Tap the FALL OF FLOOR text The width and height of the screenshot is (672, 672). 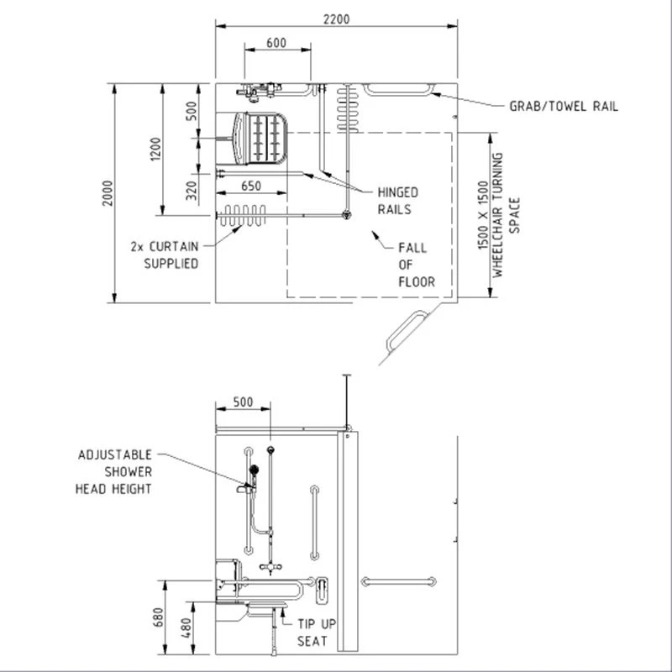point(416,265)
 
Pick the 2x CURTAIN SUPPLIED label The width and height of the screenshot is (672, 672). point(165,255)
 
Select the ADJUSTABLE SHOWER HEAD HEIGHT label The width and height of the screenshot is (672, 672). point(115,471)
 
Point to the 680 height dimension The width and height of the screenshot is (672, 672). point(157,619)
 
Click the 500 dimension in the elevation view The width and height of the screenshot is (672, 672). point(243,402)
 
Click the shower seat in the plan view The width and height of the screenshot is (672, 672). point(262,137)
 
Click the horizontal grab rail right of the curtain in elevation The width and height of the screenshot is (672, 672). point(399,581)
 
